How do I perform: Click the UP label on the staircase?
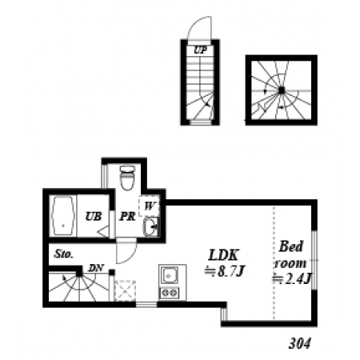coord(200,50)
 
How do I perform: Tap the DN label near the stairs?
coord(96,268)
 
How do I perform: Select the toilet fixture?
coord(127,178)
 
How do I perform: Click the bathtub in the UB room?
coord(63,216)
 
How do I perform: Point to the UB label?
coord(94,216)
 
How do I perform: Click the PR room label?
coord(127,216)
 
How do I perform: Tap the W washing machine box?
coord(149,206)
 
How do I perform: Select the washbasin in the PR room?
coord(150,227)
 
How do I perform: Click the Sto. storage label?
coord(64,254)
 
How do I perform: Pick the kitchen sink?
coord(169,275)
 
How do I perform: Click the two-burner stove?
coord(169,293)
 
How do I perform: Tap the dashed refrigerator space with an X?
coord(125,290)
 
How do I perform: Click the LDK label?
coord(223,255)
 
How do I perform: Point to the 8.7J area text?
coord(224,271)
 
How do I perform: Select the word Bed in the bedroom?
coord(291,246)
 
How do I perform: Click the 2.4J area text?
coord(291,279)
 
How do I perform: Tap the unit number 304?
coord(300,344)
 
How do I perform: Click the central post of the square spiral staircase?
coord(282,90)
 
